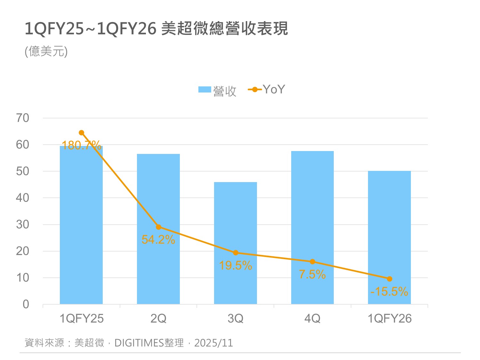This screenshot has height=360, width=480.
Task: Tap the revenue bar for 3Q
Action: click(x=236, y=243)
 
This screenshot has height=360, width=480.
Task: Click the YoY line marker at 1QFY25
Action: click(x=81, y=133)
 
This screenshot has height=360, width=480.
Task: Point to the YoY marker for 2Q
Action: click(x=158, y=227)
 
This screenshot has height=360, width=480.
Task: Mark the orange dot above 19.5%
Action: click(x=236, y=253)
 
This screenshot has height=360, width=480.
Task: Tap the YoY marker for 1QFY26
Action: click(x=389, y=279)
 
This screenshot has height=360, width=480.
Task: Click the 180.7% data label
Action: click(x=81, y=146)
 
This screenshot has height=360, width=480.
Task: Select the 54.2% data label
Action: click(x=158, y=240)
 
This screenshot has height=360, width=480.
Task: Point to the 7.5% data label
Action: click(x=312, y=275)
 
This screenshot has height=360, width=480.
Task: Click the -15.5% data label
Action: click(x=389, y=292)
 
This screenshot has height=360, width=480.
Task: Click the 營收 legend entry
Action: click(x=218, y=91)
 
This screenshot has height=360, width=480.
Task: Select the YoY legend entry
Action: click(x=267, y=90)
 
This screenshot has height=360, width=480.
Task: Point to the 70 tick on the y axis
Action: click(x=22, y=118)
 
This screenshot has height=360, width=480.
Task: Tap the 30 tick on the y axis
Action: click(x=22, y=225)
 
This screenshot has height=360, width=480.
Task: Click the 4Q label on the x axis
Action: click(x=312, y=319)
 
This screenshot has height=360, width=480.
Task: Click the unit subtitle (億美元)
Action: click(x=46, y=52)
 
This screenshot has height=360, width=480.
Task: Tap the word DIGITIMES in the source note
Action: click(x=139, y=343)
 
